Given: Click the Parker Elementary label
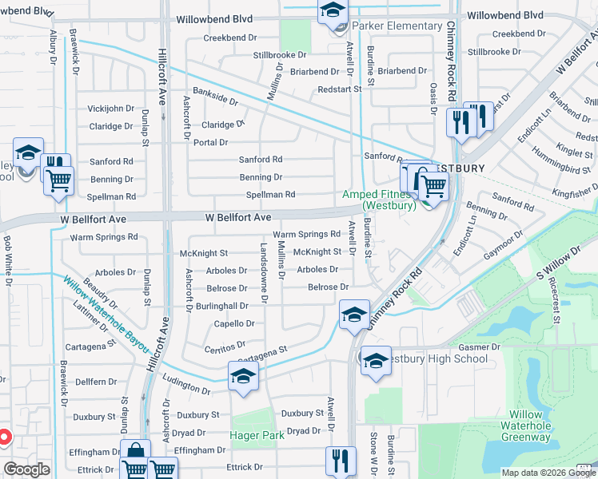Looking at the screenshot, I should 397,26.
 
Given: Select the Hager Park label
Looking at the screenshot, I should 257,435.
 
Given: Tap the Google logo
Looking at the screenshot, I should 26,469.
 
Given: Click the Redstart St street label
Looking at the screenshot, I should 339,89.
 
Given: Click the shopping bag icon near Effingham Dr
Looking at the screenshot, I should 135,453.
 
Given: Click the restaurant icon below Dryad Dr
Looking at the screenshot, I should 341,460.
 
